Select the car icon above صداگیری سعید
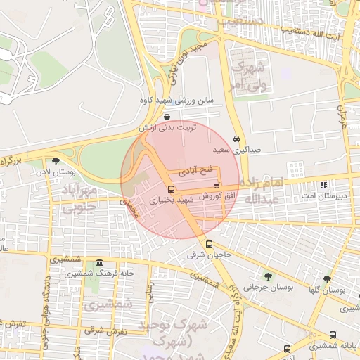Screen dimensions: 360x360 (236, 139)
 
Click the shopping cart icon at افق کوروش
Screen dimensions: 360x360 (226, 186)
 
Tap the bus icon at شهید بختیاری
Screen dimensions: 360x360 (172, 190)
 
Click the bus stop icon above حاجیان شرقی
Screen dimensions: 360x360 (208, 245)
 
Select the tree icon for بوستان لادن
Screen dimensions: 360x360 (56, 161)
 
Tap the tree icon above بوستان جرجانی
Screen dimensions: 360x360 (268, 276)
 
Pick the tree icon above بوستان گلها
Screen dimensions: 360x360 (327, 279)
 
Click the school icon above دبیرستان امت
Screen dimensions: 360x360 (323, 186)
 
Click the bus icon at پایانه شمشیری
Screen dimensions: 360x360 (333, 335)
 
